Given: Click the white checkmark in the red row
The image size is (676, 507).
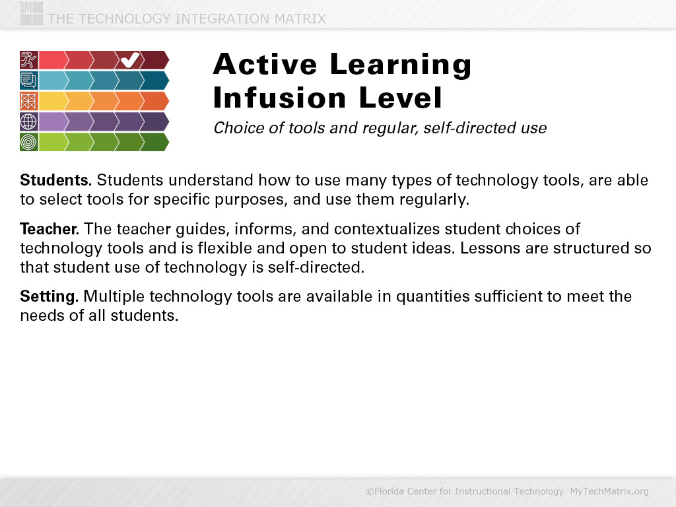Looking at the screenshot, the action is [x=130, y=60].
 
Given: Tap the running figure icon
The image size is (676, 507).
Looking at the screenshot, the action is [x=29, y=60].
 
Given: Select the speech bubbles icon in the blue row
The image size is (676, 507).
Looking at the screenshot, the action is [x=29, y=80].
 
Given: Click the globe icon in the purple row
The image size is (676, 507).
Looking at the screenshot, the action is [x=29, y=121].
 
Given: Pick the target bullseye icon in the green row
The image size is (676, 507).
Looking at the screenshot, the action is [x=29, y=142].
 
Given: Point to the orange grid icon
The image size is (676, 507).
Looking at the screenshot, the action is [x=29, y=101].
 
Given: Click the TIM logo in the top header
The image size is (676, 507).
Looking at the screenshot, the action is [x=31, y=13].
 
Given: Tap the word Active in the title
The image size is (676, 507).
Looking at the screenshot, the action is [x=265, y=64].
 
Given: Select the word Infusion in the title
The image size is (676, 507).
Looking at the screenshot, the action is [x=280, y=98].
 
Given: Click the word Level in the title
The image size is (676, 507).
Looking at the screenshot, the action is [x=401, y=98].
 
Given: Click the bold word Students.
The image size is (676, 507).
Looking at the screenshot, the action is [x=56, y=180].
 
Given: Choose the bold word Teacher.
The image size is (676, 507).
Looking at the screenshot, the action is [x=50, y=229].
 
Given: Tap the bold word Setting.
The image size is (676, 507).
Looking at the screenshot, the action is [x=49, y=296].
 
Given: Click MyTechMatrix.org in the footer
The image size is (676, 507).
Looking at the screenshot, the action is [x=609, y=491].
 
